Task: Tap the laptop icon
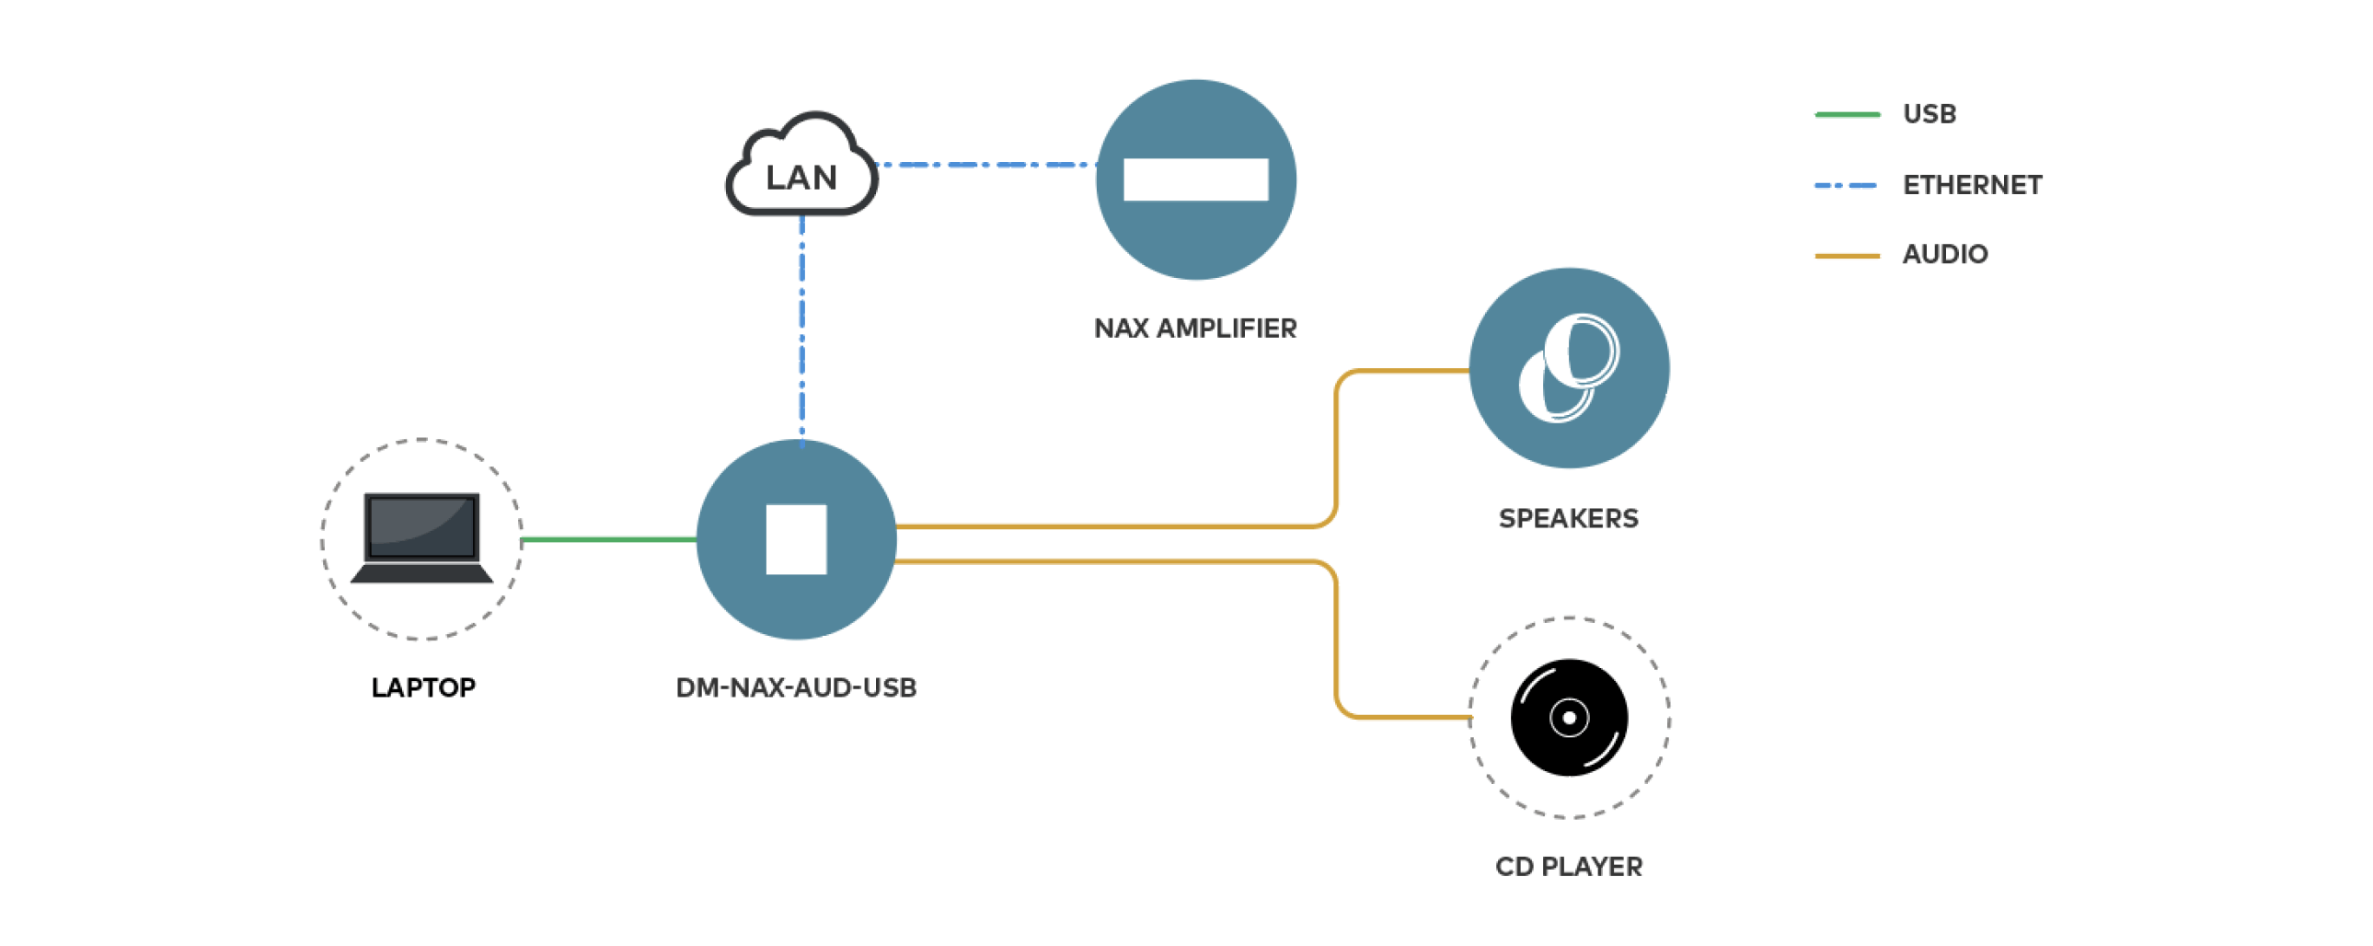click(x=422, y=538)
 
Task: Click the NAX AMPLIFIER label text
click(x=1195, y=329)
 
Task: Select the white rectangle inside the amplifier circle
click(x=1196, y=179)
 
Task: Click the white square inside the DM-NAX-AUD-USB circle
click(x=796, y=540)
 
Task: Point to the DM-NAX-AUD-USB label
click(x=796, y=688)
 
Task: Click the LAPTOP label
click(x=423, y=688)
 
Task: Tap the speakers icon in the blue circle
click(x=1569, y=368)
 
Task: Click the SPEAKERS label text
click(x=1568, y=519)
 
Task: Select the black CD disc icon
click(x=1569, y=718)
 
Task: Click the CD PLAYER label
click(x=1568, y=867)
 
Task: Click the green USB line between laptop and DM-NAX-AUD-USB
click(x=608, y=540)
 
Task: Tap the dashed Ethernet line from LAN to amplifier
click(x=985, y=165)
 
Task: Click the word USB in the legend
click(x=1929, y=114)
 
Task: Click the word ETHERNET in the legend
click(x=1972, y=185)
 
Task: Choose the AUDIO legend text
click(x=1944, y=254)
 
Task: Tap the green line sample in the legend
click(x=1846, y=114)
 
